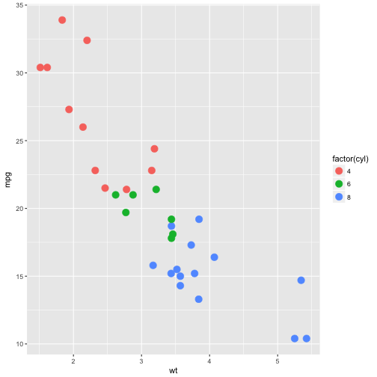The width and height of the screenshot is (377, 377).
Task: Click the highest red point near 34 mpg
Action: coord(62,20)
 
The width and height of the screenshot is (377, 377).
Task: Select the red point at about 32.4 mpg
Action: coord(87,40)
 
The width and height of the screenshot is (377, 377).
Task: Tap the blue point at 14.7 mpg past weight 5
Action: coord(301,281)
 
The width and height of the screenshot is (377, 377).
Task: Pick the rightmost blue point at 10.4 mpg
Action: coord(307,338)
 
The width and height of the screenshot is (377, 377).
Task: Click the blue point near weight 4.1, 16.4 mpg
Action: coord(214,257)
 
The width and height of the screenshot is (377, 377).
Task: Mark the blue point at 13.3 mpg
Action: coord(199,299)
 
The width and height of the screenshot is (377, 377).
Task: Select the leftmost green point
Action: coord(115,195)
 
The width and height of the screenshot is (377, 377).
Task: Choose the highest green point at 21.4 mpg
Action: coord(156,189)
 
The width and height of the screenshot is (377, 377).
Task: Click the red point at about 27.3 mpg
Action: coord(69,109)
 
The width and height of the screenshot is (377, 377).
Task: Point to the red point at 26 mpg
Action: coord(83,127)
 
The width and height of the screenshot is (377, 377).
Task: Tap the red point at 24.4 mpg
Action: coord(154,149)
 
